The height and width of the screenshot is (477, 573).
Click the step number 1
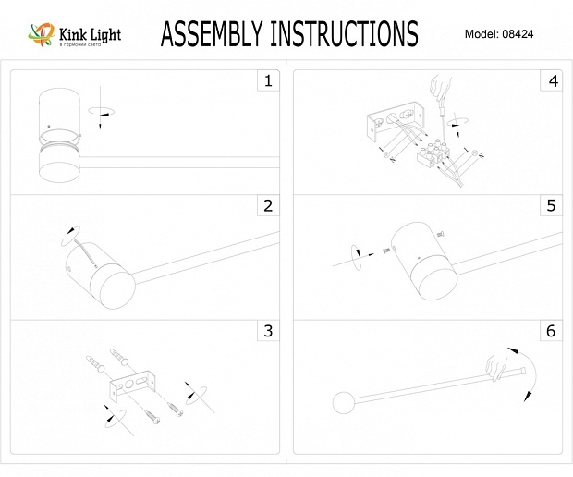click(268, 81)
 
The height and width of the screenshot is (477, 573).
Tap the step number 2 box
click(268, 205)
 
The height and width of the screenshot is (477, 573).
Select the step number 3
click(268, 330)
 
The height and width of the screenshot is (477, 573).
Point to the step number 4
click(553, 81)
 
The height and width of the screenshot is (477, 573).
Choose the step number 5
click(553, 205)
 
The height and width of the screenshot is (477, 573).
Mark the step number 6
click(553, 330)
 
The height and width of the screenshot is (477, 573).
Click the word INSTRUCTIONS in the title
click(343, 34)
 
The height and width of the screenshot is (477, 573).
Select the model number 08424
click(518, 34)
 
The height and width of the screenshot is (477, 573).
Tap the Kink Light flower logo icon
click(41, 35)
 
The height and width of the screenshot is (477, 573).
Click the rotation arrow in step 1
click(101, 111)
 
